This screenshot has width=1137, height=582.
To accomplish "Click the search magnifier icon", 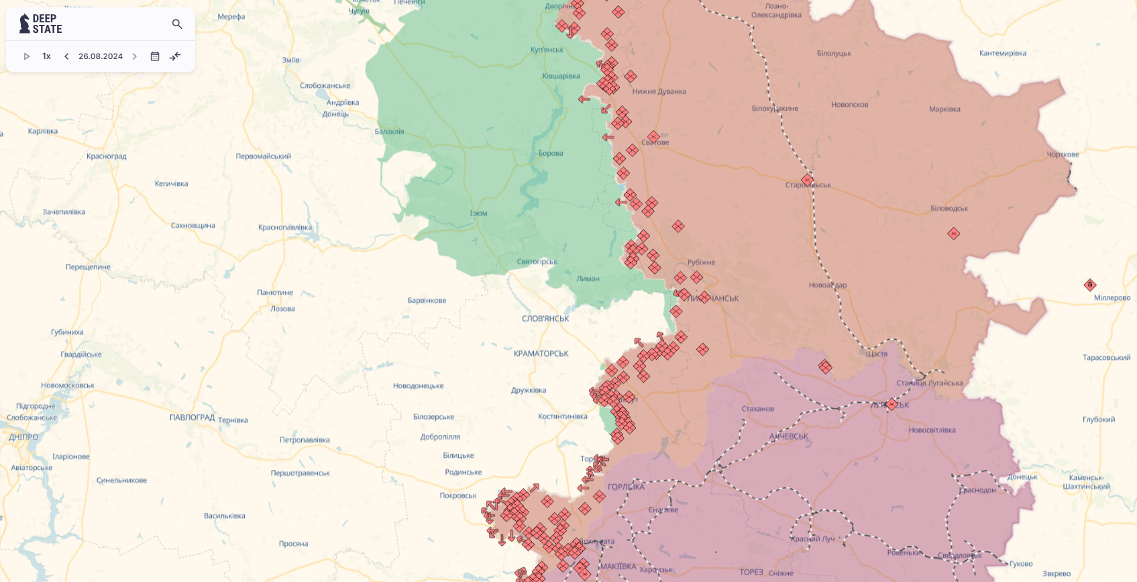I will (177, 24).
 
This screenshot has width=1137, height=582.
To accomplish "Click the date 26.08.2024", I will (101, 56).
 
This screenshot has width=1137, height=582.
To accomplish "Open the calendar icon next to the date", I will (155, 56).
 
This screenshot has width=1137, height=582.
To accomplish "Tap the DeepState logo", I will (41, 24).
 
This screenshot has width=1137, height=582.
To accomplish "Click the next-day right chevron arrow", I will (135, 56).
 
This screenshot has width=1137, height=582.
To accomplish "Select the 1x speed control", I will (46, 56).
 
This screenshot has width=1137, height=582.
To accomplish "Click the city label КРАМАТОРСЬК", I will (541, 354).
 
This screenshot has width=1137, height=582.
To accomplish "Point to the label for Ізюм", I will (478, 213).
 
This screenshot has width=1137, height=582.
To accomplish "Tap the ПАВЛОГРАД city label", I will (192, 418).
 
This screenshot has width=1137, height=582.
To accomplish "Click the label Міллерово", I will (1112, 298).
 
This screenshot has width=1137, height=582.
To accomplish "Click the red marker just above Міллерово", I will (1090, 285).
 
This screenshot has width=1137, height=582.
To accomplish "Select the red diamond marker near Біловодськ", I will (954, 234).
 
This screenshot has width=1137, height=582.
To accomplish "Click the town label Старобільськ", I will (808, 185).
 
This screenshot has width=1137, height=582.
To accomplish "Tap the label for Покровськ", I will (458, 496).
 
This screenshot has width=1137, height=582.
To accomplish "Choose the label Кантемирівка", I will (1002, 54).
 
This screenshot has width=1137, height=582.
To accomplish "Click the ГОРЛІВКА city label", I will (626, 487).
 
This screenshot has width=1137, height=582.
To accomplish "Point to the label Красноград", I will (106, 156).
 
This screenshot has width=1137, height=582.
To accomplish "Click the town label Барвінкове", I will (427, 301).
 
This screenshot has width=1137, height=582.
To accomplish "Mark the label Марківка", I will (944, 109).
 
